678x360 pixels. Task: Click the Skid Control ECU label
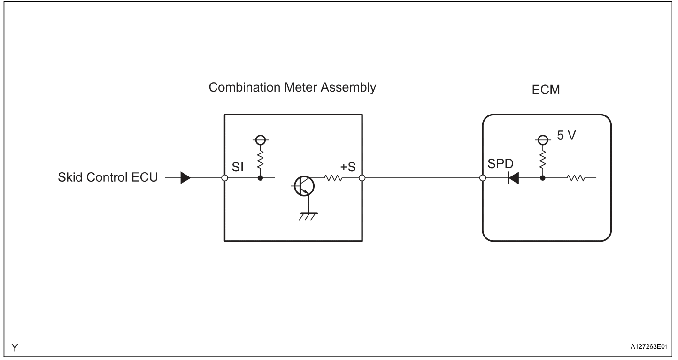(108, 178)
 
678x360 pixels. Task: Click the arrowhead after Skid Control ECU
(186, 178)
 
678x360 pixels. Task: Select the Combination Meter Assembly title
(292, 88)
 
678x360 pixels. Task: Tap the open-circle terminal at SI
(224, 178)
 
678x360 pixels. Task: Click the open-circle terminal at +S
(362, 178)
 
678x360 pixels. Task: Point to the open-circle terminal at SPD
(483, 178)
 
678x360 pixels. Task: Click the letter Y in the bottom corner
(15, 348)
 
